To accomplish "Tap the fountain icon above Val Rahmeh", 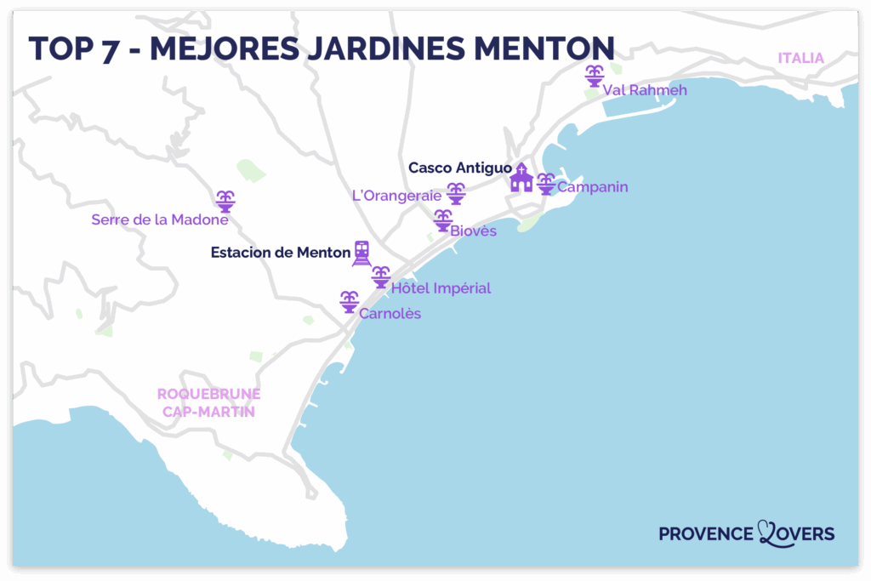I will point(594,76).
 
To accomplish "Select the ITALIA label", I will point(800,58).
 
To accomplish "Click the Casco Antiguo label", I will point(459,168).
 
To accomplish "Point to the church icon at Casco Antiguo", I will point(521,178).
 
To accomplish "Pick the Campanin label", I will point(592,186).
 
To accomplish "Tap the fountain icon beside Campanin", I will point(546,184).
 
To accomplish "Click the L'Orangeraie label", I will point(396,196).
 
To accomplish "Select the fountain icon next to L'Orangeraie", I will point(457,194).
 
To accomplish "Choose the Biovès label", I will point(473,231).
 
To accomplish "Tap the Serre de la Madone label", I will point(160,219).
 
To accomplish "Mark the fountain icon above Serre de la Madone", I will point(225,202).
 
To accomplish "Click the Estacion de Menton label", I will point(281,252).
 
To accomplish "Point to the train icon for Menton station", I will point(362,253).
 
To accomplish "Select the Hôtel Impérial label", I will point(441,288).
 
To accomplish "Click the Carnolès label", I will point(390,314).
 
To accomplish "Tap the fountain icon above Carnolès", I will point(349,301).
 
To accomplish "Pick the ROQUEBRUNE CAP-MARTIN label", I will point(208,403).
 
